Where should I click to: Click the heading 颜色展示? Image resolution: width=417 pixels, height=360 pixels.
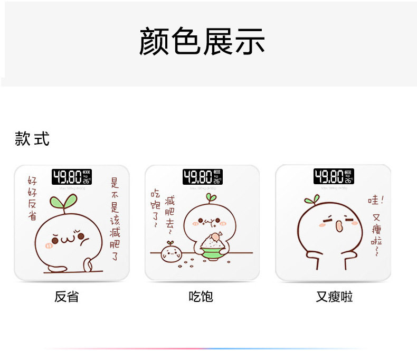202,42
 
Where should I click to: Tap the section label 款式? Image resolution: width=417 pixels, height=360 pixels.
32,139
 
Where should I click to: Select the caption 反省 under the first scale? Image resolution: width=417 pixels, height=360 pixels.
67,297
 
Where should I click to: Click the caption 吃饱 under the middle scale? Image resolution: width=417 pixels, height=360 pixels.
201,297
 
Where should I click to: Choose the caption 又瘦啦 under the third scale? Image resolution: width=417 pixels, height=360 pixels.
334,297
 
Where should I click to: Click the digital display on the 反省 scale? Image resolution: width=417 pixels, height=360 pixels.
72,177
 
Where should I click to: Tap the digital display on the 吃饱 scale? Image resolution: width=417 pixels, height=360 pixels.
203,177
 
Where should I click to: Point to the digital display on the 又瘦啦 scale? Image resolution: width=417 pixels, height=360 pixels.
334,176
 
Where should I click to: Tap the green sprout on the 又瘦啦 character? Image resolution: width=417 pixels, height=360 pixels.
312,198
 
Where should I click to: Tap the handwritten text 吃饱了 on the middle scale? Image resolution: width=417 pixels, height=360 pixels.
155,208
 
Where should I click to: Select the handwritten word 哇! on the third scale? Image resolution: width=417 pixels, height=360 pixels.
375,201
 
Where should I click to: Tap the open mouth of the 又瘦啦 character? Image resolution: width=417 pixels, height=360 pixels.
338,226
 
